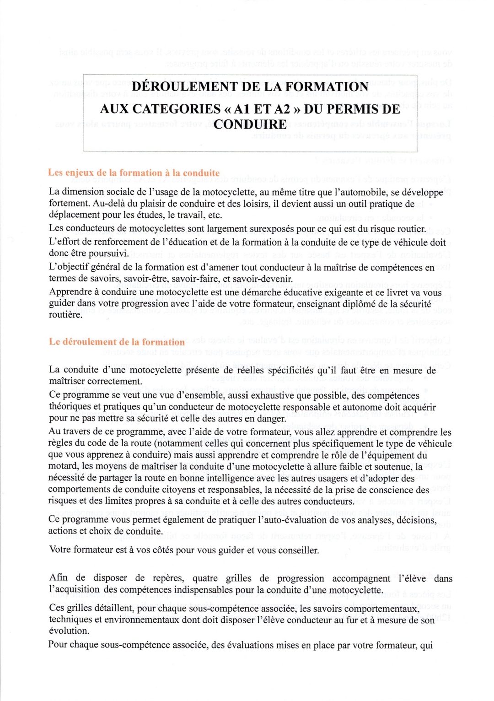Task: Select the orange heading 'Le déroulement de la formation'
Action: tap(117, 342)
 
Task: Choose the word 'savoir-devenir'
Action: tap(263, 279)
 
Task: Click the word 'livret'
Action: tap(392, 292)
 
